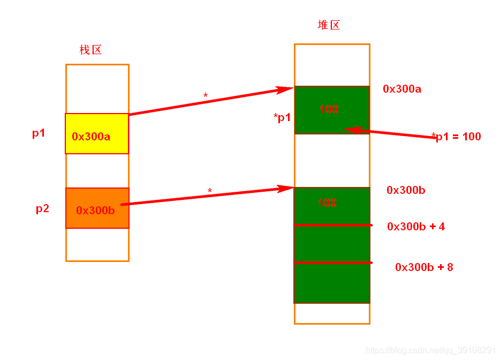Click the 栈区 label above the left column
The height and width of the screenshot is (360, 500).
90,50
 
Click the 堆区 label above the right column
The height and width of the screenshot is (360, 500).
329,25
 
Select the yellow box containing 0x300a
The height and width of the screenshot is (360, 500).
97,134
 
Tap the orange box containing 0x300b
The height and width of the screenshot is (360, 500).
97,208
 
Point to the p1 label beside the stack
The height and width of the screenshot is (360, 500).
39,133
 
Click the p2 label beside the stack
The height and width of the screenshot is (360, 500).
42,208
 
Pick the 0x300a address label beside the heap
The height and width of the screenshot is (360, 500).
402,89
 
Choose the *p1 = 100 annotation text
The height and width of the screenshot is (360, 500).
456,137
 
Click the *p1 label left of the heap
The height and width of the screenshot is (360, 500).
282,118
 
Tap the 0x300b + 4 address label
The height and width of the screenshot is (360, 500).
416,227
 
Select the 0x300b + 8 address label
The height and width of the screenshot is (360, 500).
424,267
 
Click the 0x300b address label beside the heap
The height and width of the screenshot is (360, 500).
406,190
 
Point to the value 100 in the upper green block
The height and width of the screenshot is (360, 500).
329,109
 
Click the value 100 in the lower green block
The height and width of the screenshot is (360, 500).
327,203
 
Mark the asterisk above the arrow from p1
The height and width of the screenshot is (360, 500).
206,96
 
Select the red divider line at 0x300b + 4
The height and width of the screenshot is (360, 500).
332,225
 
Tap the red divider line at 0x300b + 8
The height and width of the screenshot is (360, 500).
332,262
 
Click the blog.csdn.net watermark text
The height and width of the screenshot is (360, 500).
431,350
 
